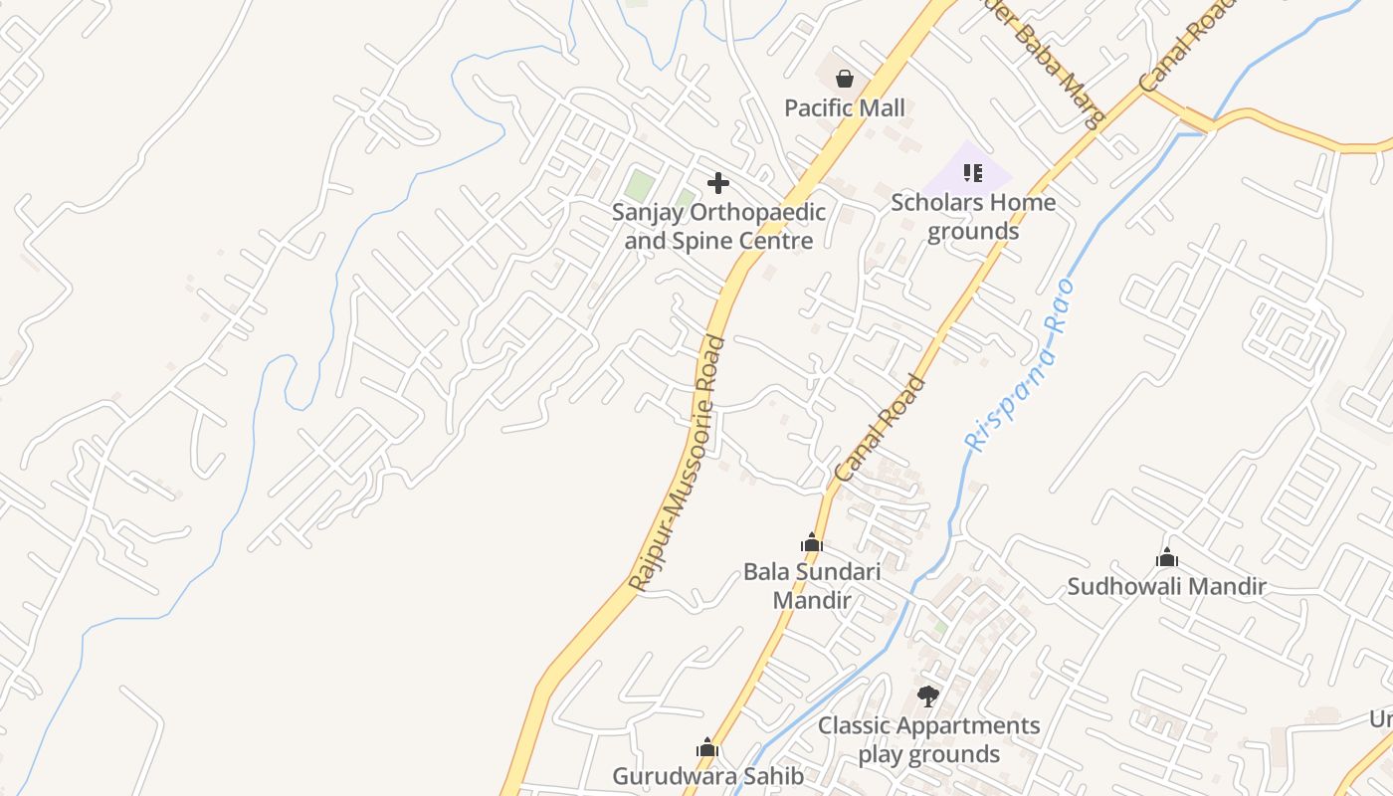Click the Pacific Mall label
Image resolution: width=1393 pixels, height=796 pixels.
pyautogui.click(x=845, y=107)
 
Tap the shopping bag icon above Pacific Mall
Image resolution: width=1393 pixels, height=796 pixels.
pyautogui.click(x=845, y=79)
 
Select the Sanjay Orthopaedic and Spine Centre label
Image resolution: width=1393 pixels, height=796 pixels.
pyautogui.click(x=718, y=226)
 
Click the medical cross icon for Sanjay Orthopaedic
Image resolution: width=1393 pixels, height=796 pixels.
pyautogui.click(x=717, y=183)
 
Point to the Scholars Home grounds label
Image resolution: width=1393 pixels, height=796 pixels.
pyautogui.click(x=973, y=217)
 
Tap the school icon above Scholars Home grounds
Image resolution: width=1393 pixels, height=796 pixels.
pyautogui.click(x=972, y=173)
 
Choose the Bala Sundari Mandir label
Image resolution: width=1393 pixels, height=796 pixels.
pyautogui.click(x=812, y=586)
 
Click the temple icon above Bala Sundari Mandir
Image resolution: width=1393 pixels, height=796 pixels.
pyautogui.click(x=812, y=542)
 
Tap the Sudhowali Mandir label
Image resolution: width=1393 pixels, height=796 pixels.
pyautogui.click(x=1166, y=586)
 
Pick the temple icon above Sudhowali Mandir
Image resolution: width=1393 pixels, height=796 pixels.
pyautogui.click(x=1166, y=557)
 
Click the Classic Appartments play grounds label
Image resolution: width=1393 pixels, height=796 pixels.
pyautogui.click(x=929, y=739)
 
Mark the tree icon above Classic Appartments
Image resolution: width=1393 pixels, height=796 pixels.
pyautogui.click(x=928, y=696)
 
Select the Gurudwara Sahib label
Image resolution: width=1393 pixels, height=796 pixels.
pyautogui.click(x=707, y=776)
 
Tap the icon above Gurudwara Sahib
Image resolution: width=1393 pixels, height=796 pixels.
pyautogui.click(x=707, y=747)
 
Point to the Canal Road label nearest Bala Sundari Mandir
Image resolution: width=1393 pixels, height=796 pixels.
pyautogui.click(x=880, y=429)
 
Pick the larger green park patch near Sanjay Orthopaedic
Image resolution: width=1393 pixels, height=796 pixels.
pyautogui.click(x=640, y=184)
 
